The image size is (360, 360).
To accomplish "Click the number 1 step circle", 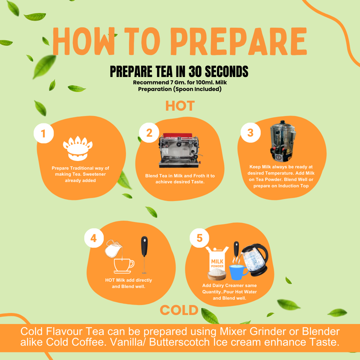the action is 44,133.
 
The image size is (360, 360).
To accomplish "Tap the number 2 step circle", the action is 149,132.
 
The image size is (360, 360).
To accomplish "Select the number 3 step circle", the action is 251,132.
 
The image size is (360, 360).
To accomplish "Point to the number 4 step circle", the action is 94,238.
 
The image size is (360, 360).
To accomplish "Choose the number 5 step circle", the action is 199,238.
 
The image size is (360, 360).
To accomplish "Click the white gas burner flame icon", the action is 78,148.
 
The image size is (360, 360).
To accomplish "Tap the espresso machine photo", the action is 179,150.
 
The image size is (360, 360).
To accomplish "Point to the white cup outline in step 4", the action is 123,266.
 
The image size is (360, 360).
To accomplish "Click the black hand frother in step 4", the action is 144,255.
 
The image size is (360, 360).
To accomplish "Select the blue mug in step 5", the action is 238,272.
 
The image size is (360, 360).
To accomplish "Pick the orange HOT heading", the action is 180,106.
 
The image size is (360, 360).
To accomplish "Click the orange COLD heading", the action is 179,310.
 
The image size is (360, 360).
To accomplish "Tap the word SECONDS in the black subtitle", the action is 226,71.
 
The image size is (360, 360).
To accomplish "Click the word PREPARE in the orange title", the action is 239,41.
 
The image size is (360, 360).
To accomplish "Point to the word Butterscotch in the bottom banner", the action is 179,342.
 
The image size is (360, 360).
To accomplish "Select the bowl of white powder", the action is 217,274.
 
